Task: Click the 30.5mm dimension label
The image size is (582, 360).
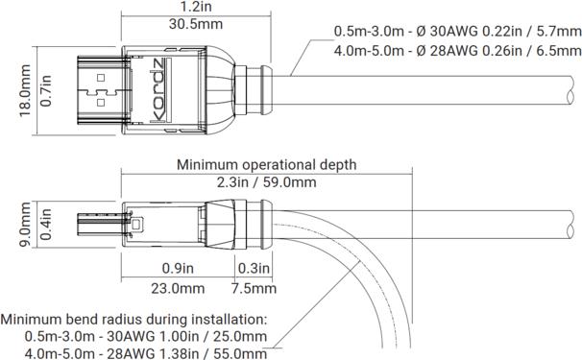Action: (x=196, y=24)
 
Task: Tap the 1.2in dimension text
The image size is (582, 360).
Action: (x=196, y=6)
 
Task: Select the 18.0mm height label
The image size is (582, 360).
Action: (x=25, y=90)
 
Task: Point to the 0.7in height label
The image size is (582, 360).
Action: (x=46, y=90)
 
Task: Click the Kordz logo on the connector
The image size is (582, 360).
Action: (x=159, y=90)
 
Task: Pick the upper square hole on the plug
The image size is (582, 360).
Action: (x=101, y=78)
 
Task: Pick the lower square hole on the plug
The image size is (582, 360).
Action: (x=101, y=102)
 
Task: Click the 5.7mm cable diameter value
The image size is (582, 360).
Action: (x=559, y=32)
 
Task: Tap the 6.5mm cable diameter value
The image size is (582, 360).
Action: (x=559, y=51)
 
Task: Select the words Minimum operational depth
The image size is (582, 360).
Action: (x=266, y=165)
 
